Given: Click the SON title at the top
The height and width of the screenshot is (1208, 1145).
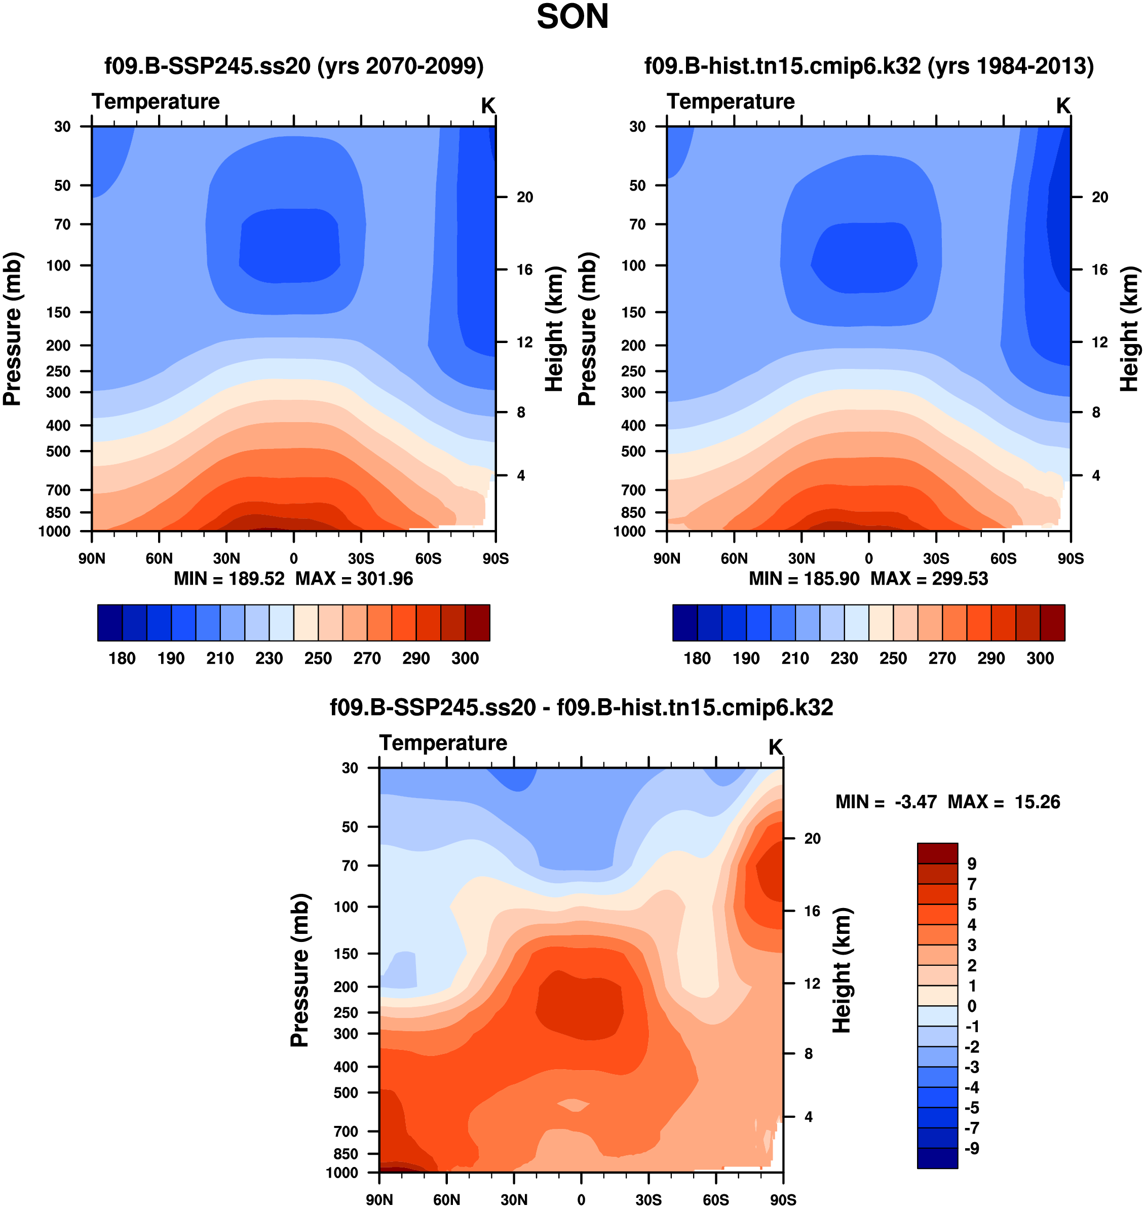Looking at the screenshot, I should coord(572,17).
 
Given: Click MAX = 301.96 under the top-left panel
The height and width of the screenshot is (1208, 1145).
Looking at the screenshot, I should coord(354,579).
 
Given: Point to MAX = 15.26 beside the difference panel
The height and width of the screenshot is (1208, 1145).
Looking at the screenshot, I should coord(1004,802).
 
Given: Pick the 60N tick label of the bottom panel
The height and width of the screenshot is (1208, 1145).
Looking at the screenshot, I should coord(446,1199).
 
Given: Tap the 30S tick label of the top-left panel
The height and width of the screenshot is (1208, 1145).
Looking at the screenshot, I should coord(361,558).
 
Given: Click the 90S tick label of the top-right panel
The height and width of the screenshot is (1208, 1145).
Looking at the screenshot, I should coord(1071,558).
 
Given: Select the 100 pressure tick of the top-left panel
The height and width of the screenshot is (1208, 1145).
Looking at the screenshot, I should coord(59,266).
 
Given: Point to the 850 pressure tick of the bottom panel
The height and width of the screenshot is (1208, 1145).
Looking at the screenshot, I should coord(346,1154).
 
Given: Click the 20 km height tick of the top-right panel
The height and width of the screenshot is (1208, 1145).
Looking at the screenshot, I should coord(1100,197).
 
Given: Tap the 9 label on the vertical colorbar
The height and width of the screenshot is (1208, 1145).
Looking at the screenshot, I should coord(972,864).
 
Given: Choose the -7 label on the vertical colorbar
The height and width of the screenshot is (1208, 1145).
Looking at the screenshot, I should coord(972,1128).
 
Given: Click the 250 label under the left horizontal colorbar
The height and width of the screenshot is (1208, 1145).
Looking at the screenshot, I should coord(318,658).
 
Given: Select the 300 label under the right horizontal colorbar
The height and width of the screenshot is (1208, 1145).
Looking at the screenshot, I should coord(1040,658).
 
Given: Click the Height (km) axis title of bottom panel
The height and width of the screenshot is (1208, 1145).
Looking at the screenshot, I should coord(842,970).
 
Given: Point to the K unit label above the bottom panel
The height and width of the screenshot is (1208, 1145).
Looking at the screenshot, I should coord(775,747).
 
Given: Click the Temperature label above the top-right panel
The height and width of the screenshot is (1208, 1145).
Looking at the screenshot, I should coord(731,101).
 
